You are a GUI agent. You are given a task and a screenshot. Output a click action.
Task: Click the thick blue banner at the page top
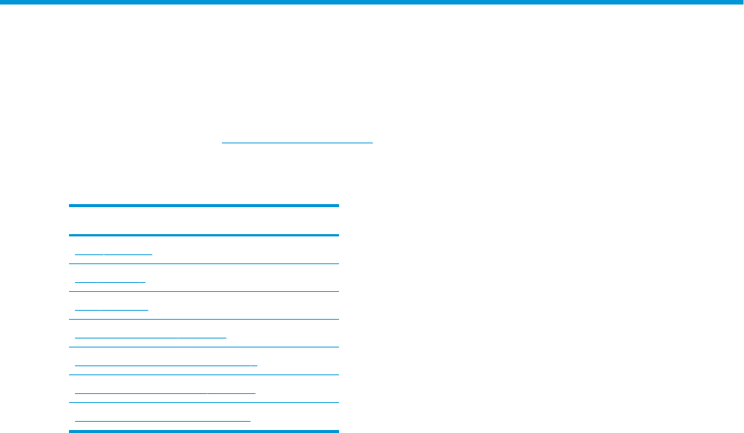click(372, 2)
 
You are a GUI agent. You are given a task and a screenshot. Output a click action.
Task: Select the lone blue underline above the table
click(297, 141)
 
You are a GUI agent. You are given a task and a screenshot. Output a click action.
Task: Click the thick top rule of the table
click(203, 206)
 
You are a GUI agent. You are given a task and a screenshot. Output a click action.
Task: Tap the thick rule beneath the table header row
click(203, 236)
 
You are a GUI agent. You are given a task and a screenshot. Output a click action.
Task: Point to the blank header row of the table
click(203, 221)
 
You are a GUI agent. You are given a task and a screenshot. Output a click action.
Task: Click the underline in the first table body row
click(113, 254)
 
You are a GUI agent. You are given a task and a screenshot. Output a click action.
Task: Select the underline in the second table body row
click(110, 281)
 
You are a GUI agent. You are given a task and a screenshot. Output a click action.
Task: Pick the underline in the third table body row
click(112, 309)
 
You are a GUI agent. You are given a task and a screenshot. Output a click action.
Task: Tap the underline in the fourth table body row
click(151, 337)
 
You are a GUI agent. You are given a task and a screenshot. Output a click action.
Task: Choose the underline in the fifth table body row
click(166, 365)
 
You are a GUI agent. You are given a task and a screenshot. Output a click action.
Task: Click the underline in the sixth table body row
click(166, 392)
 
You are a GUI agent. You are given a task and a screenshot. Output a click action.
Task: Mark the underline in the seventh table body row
click(163, 420)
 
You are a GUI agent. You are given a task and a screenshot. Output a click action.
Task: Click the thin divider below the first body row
click(203, 263)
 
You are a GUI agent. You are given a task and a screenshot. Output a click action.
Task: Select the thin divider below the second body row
click(203, 291)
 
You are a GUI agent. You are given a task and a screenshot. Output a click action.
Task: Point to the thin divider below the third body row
click(203, 319)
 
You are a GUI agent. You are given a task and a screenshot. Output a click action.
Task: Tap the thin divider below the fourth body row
click(203, 347)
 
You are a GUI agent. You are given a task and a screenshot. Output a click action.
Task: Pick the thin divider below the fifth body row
click(203, 374)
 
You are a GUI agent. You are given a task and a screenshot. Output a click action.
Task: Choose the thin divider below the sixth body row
click(203, 402)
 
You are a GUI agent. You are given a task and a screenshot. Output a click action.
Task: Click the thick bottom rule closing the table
click(203, 431)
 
